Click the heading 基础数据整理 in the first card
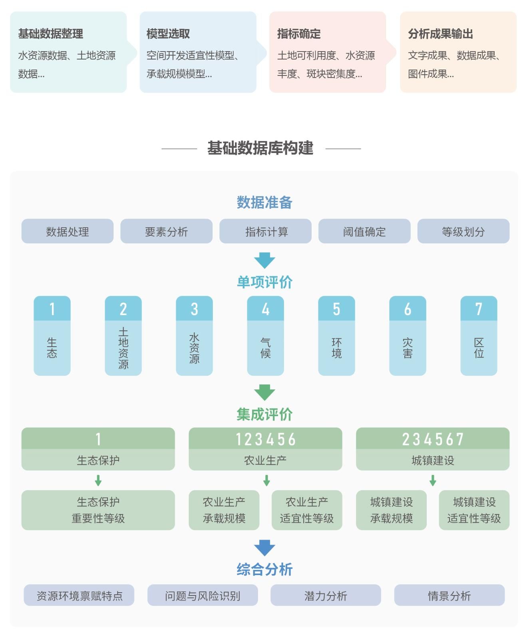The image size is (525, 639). pyautogui.click(x=51, y=34)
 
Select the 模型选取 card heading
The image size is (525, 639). pyautogui.click(x=168, y=34)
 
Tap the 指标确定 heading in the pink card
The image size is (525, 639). pyautogui.click(x=299, y=34)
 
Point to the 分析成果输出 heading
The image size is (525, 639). pyautogui.click(x=440, y=34)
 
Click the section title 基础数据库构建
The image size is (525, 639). pyautogui.click(x=261, y=148)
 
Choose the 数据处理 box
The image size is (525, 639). pyautogui.click(x=68, y=231)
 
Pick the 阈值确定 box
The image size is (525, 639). pyautogui.click(x=364, y=231)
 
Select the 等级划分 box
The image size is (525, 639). pyautogui.click(x=463, y=231)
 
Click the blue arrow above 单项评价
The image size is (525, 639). pyautogui.click(x=264, y=260)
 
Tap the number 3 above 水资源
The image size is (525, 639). pyautogui.click(x=194, y=309)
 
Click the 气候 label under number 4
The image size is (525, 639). pyautogui.click(x=265, y=348)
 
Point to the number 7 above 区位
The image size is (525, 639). pyautogui.click(x=479, y=309)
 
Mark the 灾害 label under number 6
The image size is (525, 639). pyautogui.click(x=408, y=348)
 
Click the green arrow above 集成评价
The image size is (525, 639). pyautogui.click(x=264, y=392)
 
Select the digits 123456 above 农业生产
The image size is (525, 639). pyautogui.click(x=265, y=439)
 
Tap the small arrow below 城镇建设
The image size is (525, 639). pyautogui.click(x=433, y=480)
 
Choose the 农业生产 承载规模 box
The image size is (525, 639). pyautogui.click(x=224, y=510)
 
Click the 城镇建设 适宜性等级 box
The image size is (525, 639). pyautogui.click(x=474, y=510)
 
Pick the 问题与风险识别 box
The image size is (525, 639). pyautogui.click(x=203, y=595)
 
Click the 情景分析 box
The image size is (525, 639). pyautogui.click(x=449, y=595)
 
